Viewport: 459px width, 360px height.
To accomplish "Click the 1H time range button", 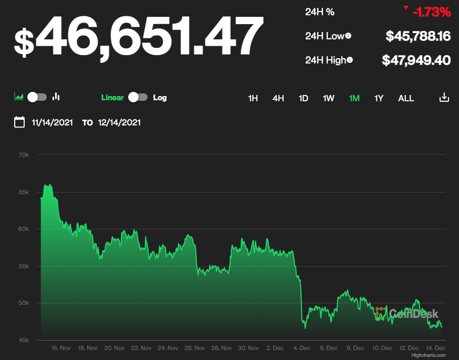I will (x=253, y=98).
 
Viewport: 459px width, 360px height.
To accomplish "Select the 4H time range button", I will (x=278, y=98).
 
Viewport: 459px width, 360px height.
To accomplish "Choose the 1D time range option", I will (x=304, y=98).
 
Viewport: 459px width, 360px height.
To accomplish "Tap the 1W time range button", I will (x=328, y=98).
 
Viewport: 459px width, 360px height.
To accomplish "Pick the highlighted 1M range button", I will (x=354, y=98).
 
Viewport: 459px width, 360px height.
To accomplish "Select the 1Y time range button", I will (x=379, y=98).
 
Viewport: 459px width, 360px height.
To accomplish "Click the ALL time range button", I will (x=406, y=98).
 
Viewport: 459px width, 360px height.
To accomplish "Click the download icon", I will (x=444, y=98).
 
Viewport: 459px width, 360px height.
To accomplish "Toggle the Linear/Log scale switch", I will (x=138, y=97).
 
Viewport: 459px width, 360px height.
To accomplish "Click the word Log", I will (x=160, y=98).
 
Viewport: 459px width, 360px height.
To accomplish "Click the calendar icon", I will (x=19, y=122).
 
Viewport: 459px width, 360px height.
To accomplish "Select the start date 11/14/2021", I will (x=51, y=123).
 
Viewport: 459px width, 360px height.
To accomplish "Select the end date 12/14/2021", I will (x=119, y=123).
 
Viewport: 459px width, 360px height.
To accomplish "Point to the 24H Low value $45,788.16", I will (x=418, y=36).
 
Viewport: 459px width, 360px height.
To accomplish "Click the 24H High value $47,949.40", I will (x=416, y=60).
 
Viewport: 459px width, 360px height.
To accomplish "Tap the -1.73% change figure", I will (x=431, y=12).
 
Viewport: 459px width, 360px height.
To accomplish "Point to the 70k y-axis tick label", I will (x=24, y=155).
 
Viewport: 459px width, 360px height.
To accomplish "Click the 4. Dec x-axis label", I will (x=302, y=348).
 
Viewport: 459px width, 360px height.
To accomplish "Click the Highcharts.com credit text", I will (x=428, y=355).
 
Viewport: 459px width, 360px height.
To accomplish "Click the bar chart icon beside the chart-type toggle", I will (x=56, y=97).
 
